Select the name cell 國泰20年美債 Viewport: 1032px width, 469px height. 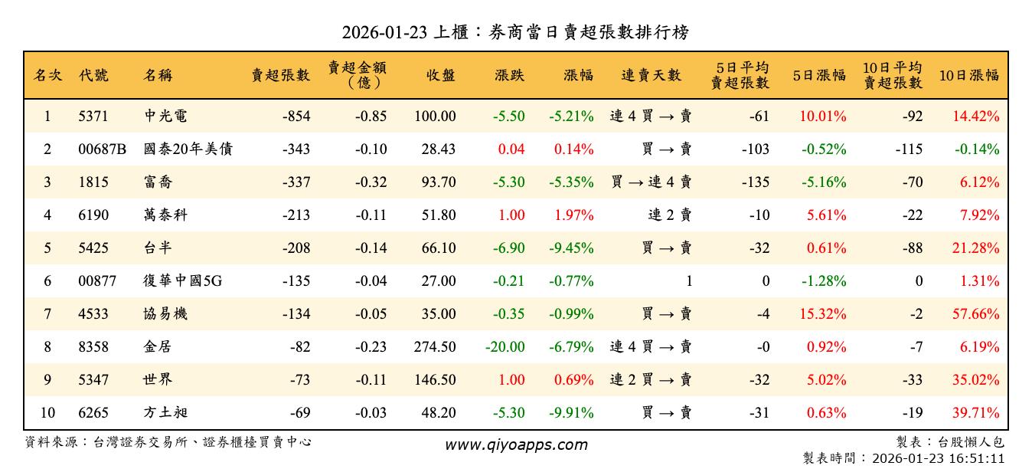[x=188, y=149]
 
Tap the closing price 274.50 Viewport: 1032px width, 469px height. [x=435, y=347]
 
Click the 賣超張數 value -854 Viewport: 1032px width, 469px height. [x=296, y=116]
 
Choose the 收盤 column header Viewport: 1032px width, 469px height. [x=441, y=75]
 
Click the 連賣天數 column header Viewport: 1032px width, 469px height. [x=651, y=75]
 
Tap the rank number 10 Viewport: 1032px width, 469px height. [x=47, y=413]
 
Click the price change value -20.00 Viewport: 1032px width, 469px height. [x=505, y=347]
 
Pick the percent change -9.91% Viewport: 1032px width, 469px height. [x=571, y=413]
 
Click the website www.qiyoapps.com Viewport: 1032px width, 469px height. [x=516, y=445]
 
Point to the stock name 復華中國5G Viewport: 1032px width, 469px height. [x=182, y=281]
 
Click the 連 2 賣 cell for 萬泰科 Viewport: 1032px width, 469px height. [x=669, y=215]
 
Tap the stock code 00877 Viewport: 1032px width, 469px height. [x=97, y=281]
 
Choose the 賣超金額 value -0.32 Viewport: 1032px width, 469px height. [x=371, y=182]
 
